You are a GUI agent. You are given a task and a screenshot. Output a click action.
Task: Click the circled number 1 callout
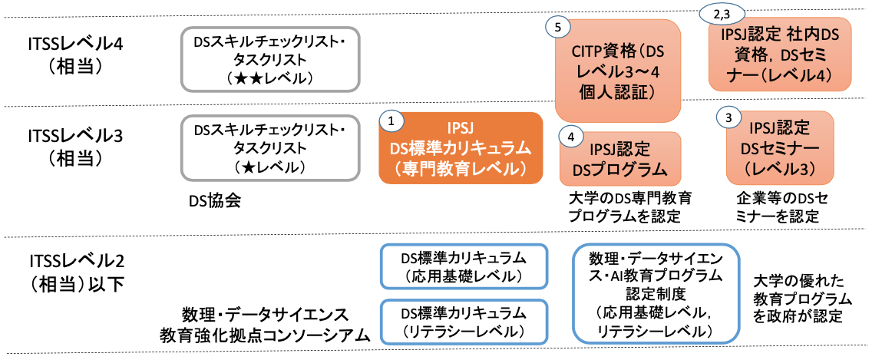point(391,121)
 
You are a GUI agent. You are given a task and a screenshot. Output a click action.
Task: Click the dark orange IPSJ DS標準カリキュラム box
point(461,147)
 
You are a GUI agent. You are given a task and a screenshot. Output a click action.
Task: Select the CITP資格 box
point(617,71)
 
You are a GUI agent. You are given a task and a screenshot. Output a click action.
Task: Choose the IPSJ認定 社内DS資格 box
point(780,55)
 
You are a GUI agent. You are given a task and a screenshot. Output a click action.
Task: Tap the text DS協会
point(215,201)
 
